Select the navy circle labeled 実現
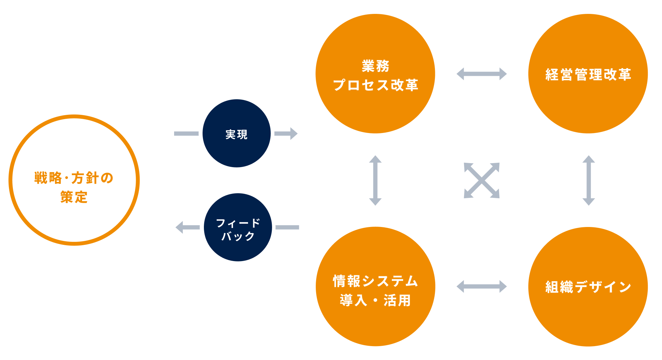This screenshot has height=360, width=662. tap(236, 134)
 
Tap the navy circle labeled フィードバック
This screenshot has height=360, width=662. tap(238, 227)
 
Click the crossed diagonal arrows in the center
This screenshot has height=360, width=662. tap(482, 180)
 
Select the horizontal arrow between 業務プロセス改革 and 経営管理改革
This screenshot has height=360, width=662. tap(482, 74)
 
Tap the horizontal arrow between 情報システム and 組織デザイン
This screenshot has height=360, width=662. tap(482, 287)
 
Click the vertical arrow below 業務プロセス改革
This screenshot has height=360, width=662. tap(375, 180)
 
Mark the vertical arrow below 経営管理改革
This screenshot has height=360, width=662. tap(589, 180)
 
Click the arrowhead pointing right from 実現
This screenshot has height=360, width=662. tap(293, 134)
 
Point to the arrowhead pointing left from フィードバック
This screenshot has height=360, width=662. tap(180, 227)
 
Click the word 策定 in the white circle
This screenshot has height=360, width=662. tap(74, 197)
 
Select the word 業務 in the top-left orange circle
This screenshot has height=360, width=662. tap(375, 66)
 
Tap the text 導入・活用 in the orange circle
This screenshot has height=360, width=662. tap(375, 300)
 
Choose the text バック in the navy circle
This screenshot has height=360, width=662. tap(238, 236)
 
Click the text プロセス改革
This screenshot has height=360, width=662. tap(375, 85)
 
